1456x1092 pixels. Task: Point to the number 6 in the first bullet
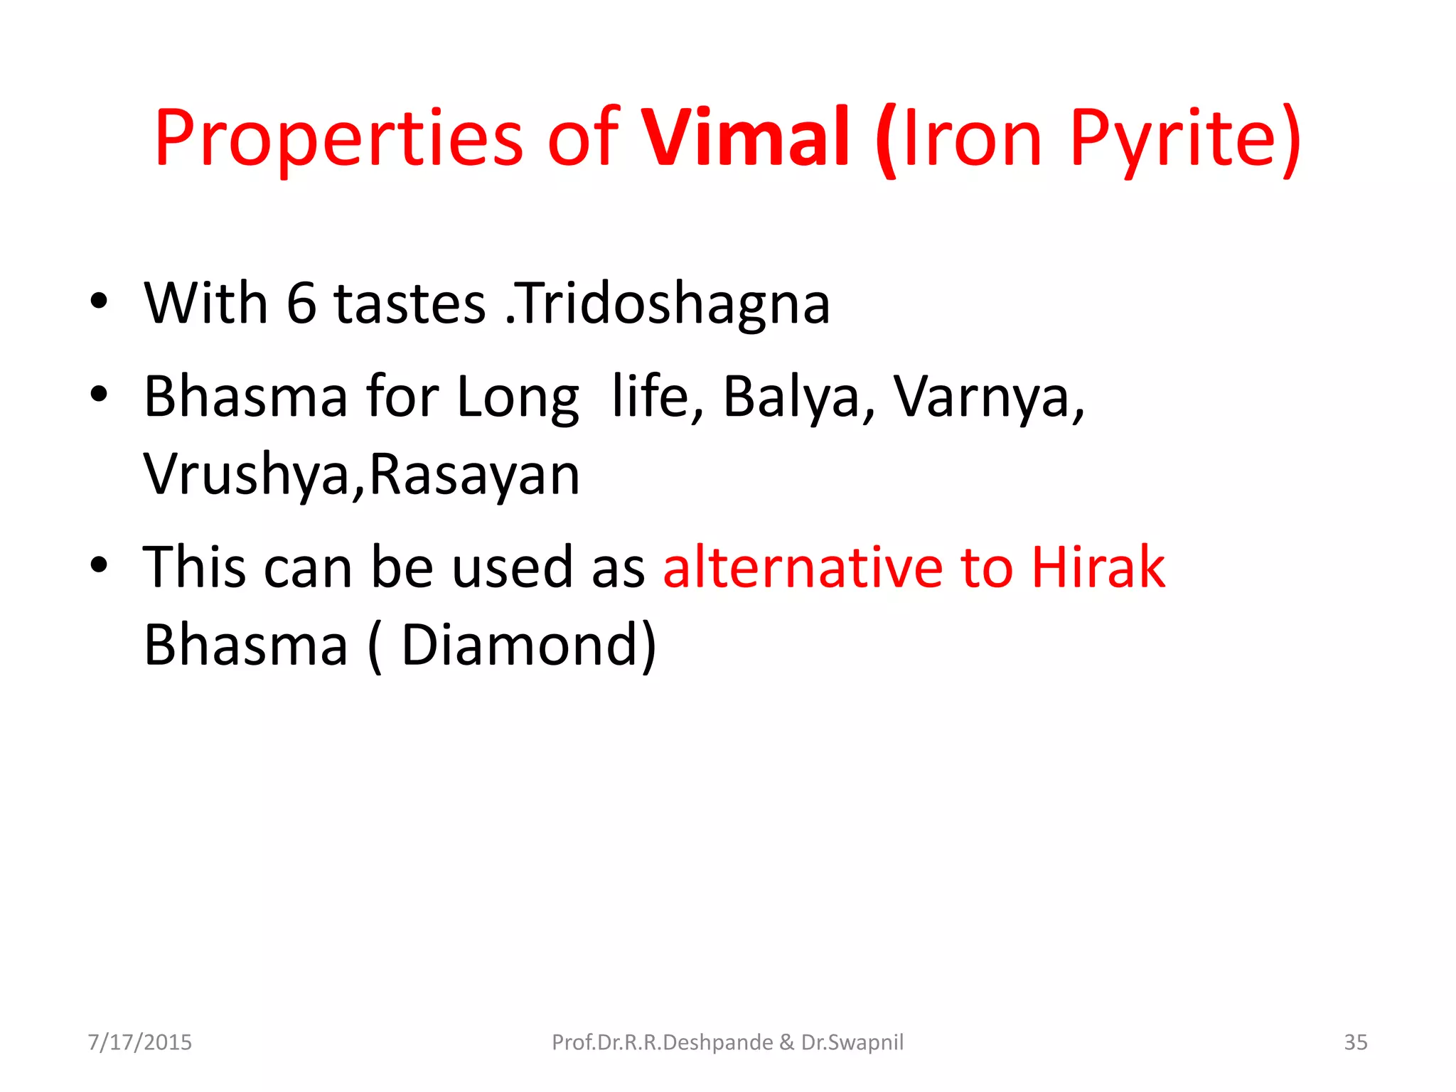pos(301,304)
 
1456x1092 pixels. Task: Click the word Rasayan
pos(475,475)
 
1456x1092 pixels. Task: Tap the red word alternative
pos(803,567)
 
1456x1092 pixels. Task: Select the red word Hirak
pos(1098,567)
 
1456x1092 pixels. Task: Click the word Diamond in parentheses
pos(520,645)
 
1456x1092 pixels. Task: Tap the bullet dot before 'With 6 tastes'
pos(100,301)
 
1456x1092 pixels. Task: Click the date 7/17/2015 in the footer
pos(140,1042)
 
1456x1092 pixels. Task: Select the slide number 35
pos(1355,1042)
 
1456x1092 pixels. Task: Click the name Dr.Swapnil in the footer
pos(852,1042)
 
